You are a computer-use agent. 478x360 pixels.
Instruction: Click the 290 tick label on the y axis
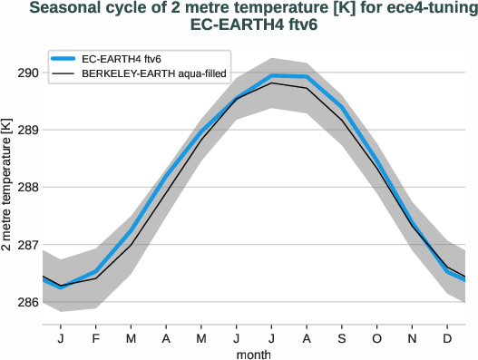(x=26, y=73)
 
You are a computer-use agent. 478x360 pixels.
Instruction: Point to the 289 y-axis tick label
(x=26, y=130)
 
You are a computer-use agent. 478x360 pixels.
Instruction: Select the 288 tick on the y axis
(x=26, y=188)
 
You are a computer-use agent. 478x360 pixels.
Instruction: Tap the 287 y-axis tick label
(x=26, y=245)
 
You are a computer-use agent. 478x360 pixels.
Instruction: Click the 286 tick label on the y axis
(x=26, y=302)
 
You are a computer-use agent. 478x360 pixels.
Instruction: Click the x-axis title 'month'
(x=253, y=353)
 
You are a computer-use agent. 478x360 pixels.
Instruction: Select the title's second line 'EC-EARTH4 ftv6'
(x=253, y=25)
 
